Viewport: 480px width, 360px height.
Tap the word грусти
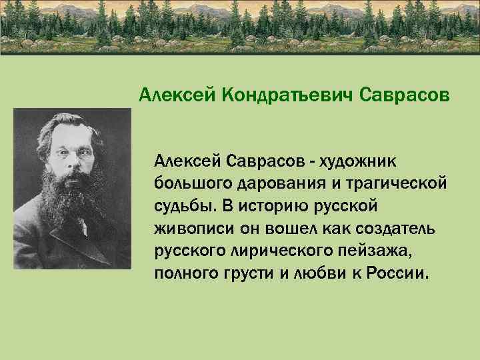pyautogui.click(x=241, y=274)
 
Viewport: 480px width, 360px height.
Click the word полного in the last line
pyautogui.click(x=184, y=274)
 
